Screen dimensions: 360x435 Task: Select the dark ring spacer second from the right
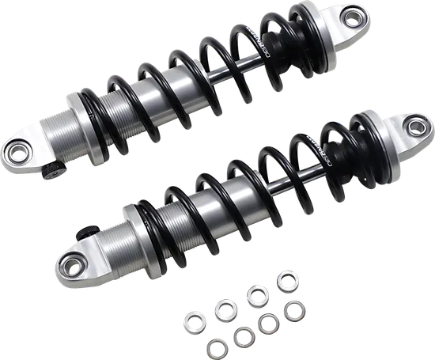click(x=269, y=324)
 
